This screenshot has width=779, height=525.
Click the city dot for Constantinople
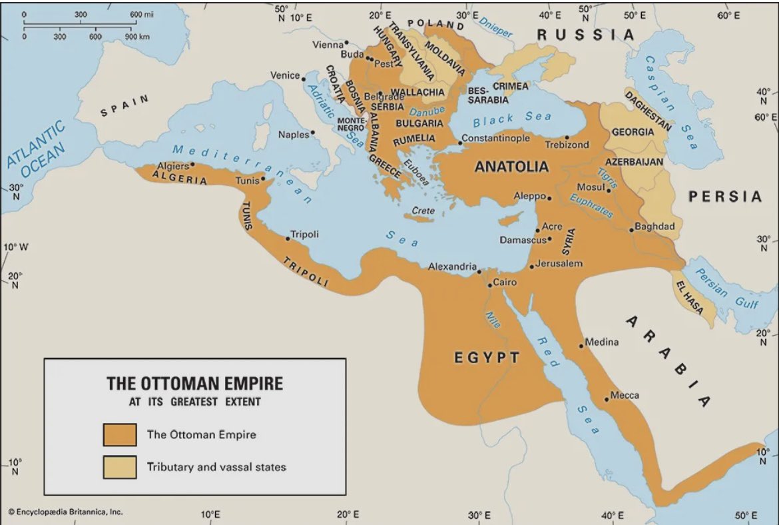(x=459, y=143)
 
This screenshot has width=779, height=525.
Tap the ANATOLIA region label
(x=511, y=167)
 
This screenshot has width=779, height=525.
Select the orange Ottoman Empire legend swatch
(x=120, y=434)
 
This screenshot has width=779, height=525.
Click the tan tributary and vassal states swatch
(x=120, y=466)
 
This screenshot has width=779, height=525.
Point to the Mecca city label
(x=625, y=395)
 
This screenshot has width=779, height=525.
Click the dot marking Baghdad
(x=631, y=231)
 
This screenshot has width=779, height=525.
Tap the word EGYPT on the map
(x=487, y=358)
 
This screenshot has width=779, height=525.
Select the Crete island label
(x=423, y=211)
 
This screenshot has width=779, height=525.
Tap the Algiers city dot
(x=193, y=164)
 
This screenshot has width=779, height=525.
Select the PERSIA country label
(x=724, y=197)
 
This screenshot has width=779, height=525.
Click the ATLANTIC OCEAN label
(x=37, y=150)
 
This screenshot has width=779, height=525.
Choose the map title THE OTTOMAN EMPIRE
(x=195, y=384)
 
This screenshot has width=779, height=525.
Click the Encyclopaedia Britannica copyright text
(x=65, y=512)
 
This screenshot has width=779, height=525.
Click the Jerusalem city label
(x=559, y=263)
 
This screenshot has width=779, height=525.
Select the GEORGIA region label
(x=633, y=132)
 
